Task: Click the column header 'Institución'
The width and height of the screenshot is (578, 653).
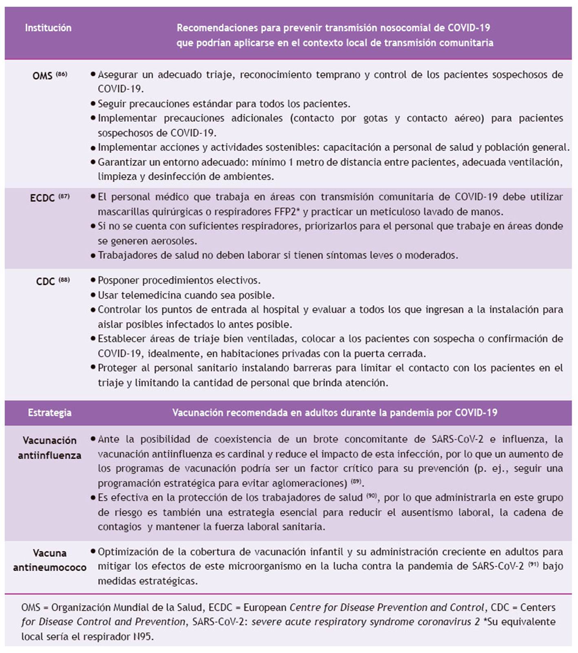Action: tap(48, 28)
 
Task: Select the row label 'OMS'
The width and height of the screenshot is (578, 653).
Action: tap(42, 76)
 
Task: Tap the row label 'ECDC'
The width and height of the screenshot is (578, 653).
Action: tap(42, 198)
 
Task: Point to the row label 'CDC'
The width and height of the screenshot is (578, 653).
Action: tap(45, 281)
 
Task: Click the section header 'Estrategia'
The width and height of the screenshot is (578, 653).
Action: tap(49, 413)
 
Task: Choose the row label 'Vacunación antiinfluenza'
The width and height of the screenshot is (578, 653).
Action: tap(49, 448)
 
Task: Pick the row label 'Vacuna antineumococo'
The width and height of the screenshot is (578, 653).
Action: tap(49, 560)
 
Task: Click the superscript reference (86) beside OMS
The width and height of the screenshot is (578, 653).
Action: tap(62, 74)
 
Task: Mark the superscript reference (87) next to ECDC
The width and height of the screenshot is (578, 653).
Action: tap(64, 196)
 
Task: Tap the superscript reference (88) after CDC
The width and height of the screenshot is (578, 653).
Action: tap(64, 280)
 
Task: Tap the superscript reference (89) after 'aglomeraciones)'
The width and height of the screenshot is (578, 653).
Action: tap(356, 482)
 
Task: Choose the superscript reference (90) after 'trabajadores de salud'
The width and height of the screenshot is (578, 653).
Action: tap(371, 496)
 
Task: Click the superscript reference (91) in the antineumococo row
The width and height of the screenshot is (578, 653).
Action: tap(533, 564)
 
